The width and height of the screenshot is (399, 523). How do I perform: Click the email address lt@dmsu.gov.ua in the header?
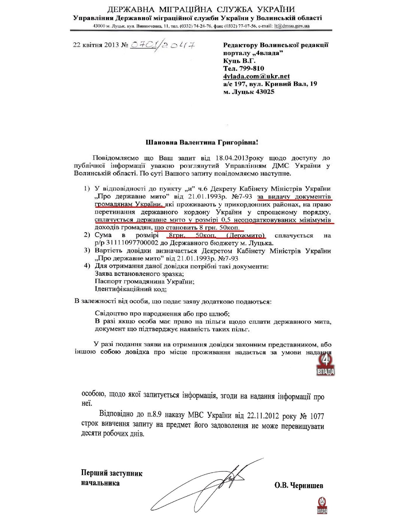292,26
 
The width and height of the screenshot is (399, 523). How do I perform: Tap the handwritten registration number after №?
163,46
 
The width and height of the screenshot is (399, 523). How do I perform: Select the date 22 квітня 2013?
96,45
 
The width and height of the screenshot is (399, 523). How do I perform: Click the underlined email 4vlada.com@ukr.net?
256,76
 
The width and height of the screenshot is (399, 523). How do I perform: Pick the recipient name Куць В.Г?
239,61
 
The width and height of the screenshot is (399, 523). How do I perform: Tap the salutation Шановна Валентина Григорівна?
202,143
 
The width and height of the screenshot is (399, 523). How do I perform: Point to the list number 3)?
87,250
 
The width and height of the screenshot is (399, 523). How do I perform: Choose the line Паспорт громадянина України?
145,282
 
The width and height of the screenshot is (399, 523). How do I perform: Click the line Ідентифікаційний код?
131,289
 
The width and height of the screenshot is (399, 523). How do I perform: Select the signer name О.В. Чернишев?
299,485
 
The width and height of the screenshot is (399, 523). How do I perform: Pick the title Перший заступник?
112,473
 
